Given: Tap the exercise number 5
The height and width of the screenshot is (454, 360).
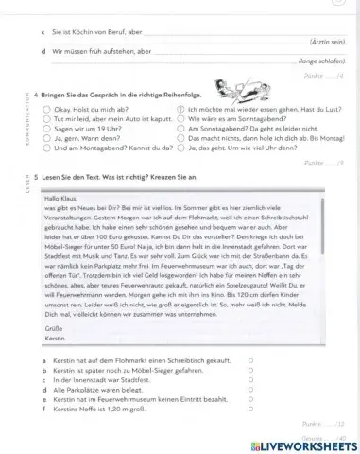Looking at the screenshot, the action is point(35,178).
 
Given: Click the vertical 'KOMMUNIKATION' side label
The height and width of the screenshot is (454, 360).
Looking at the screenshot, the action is point(20,118).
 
